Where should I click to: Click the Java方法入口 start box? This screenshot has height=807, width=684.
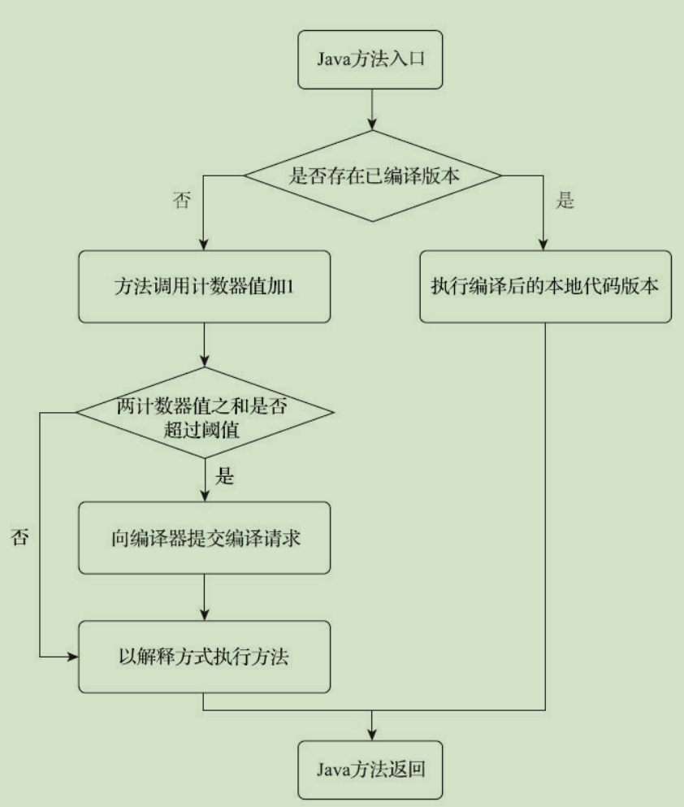coord(371,61)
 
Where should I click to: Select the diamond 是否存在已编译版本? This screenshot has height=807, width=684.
coord(371,175)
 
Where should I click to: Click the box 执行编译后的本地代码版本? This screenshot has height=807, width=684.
coord(544,287)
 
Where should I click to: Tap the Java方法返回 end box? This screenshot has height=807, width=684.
coord(371,768)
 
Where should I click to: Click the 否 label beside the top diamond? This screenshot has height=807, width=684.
coord(182,202)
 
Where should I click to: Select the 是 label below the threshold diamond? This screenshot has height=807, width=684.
coord(224,477)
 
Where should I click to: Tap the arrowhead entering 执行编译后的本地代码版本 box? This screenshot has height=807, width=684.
coord(544,245)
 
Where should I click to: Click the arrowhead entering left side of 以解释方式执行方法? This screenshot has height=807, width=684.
coord(72,656)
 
